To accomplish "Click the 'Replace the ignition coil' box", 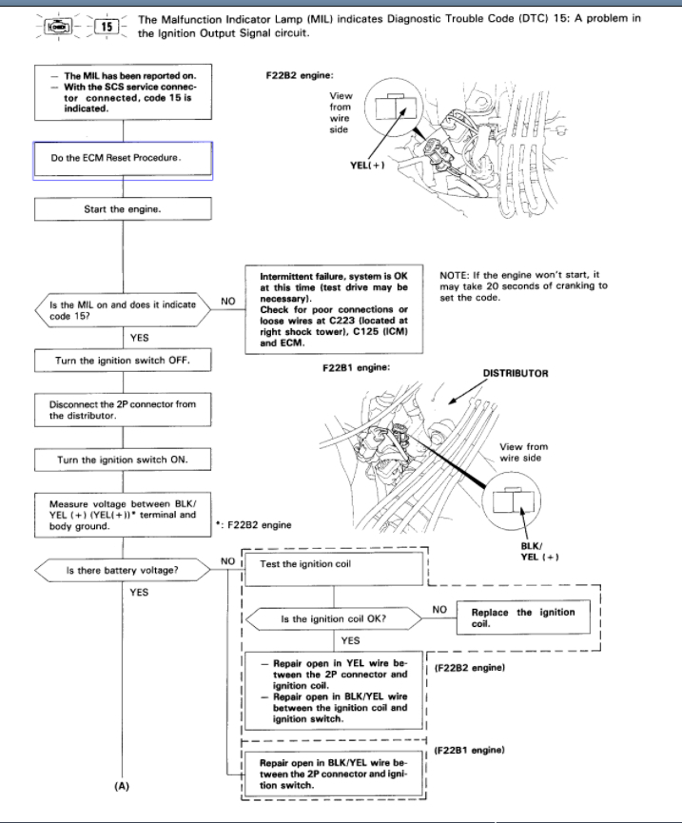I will pos(522,617).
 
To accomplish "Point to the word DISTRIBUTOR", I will pos(516,374).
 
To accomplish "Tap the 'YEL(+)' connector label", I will pos(367,165).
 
